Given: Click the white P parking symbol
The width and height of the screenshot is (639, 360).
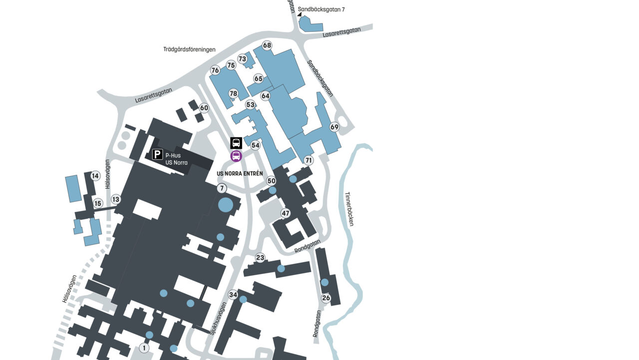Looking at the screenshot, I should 157,155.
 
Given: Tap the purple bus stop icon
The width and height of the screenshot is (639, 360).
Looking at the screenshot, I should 236,156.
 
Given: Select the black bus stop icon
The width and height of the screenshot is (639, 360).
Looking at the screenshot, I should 236,143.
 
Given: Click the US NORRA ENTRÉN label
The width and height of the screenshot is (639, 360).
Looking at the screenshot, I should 240,174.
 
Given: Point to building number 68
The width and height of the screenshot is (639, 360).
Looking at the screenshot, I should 267,45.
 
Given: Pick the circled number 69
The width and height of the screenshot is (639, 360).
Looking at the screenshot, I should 334,127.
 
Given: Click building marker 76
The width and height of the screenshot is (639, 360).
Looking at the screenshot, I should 215,70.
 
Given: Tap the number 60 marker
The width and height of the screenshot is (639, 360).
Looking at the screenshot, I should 204,108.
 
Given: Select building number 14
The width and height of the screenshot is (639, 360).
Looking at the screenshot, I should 95,176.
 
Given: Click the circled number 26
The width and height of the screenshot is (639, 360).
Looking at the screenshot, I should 326,298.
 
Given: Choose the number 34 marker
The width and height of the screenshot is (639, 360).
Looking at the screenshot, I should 233,295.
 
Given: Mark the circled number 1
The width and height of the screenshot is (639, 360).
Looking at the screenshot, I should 144,348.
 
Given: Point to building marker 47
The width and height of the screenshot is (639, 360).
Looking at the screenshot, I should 286,213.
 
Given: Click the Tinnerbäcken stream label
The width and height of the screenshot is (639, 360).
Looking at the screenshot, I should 349,209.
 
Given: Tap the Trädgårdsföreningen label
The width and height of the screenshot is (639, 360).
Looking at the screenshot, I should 189,49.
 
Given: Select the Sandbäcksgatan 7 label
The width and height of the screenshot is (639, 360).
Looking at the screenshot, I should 321,9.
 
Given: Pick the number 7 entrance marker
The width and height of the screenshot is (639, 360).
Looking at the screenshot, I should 222,188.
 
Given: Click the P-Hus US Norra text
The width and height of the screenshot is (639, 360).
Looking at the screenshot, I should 177,159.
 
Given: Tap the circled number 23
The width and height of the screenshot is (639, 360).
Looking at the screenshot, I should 260,258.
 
